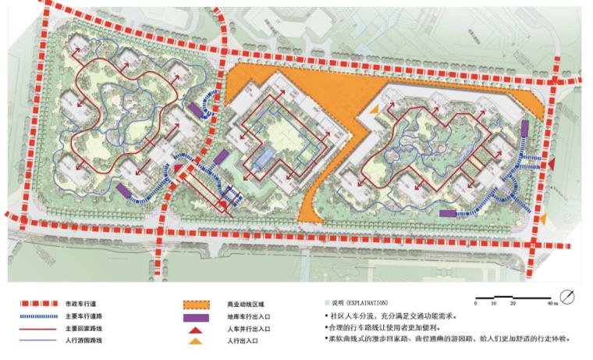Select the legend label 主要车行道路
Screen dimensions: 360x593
[x=82, y=316]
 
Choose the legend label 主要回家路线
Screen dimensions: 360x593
[x=82, y=329]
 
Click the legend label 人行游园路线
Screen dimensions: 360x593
[x=82, y=341]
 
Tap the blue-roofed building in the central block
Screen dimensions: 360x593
[x=267, y=156]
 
